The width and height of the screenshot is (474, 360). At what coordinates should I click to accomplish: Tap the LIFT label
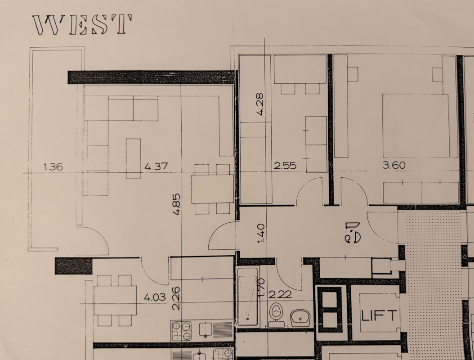pyautogui.click(x=379, y=315)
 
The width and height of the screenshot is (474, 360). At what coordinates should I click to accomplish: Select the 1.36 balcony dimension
pyautogui.click(x=53, y=166)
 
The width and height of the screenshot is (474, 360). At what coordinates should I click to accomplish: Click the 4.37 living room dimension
pyautogui.click(x=156, y=166)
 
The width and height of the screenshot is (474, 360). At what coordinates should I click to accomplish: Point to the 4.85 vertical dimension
pyautogui.click(x=177, y=204)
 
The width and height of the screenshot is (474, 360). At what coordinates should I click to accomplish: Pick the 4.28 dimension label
pyautogui.click(x=259, y=104)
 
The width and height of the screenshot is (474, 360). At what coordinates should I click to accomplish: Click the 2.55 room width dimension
pyautogui.click(x=285, y=166)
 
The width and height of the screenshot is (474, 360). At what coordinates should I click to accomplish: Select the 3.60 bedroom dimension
pyautogui.click(x=394, y=165)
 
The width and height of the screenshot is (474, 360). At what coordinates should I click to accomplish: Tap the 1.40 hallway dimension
pyautogui.click(x=261, y=233)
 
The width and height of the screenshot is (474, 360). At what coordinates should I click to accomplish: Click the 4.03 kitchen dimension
pyautogui.click(x=155, y=297)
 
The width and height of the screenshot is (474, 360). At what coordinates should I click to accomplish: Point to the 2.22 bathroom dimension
pyautogui.click(x=280, y=294)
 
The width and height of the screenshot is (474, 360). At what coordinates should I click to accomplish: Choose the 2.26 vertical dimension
pyautogui.click(x=176, y=299)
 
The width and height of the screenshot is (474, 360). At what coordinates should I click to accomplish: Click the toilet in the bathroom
pyautogui.click(x=275, y=315)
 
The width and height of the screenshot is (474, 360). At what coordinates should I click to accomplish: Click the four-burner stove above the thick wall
pyautogui.click(x=181, y=331)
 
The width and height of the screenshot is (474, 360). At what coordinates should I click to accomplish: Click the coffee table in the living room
pyautogui.click(x=133, y=158)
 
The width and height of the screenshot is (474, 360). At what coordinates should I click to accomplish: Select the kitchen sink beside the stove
pyautogui.click(x=206, y=329)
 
